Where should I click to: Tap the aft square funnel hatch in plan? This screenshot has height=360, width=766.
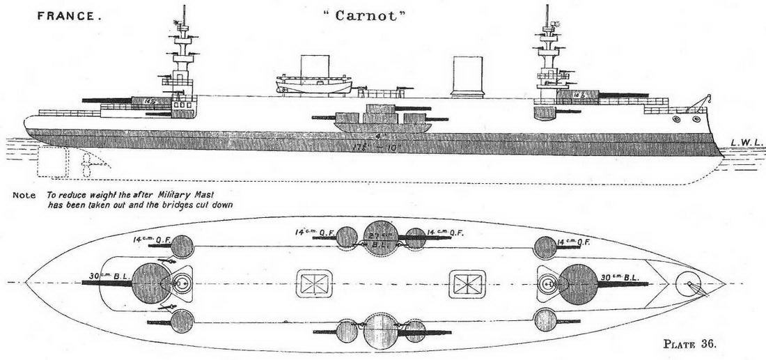pyautogui.click(x=313, y=284)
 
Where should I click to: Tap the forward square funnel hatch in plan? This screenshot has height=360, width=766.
pyautogui.click(x=467, y=284)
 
